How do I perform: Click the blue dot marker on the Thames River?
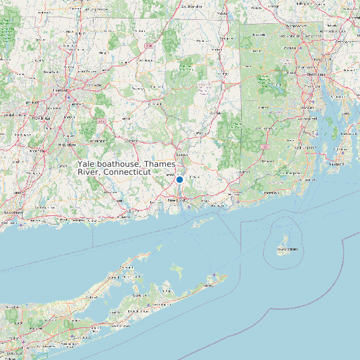point(179,179)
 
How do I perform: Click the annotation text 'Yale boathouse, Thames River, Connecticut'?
point(114,167)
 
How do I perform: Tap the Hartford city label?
point(61,90)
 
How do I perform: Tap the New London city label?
point(176,199)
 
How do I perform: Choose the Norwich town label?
point(183,155)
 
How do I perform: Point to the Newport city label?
point(337,162)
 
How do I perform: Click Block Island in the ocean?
point(286,250)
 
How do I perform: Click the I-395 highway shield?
point(264,146)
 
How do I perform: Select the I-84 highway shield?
point(151,45)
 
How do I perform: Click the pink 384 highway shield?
point(101,121)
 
